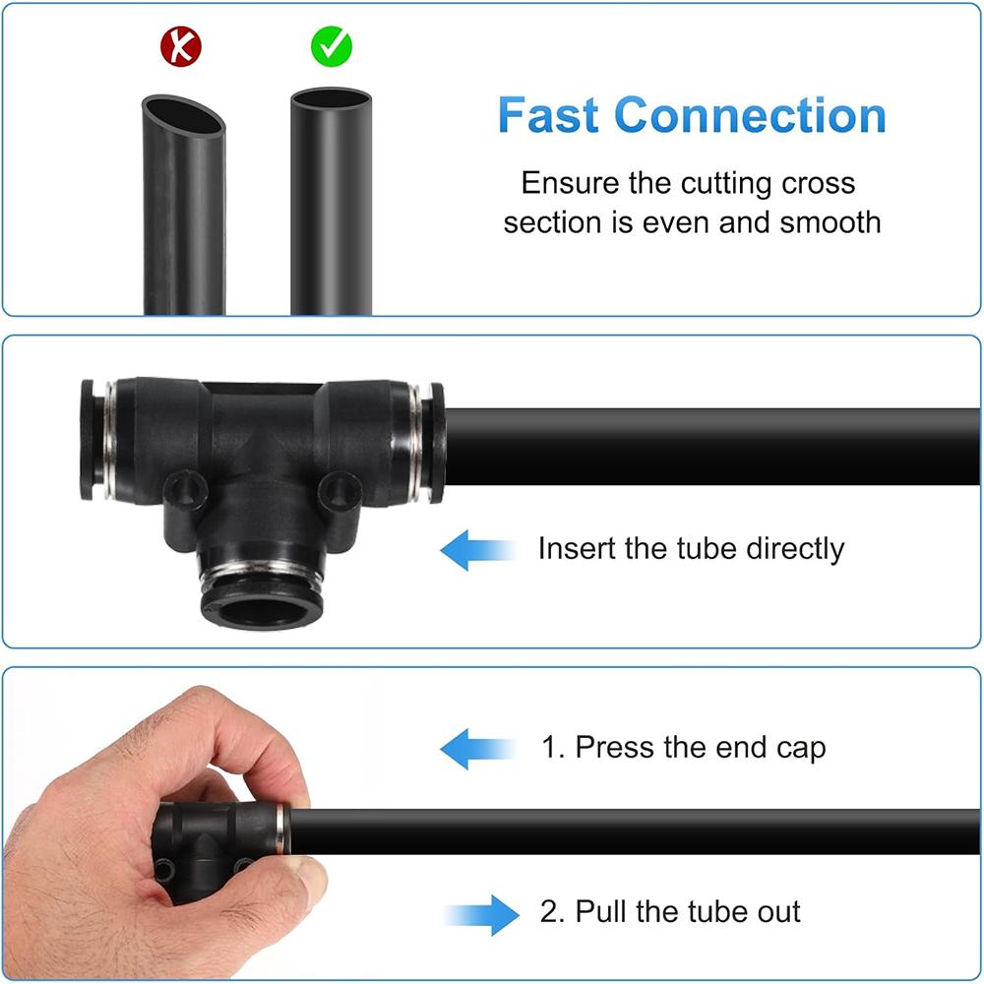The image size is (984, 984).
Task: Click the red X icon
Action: pos(181,46)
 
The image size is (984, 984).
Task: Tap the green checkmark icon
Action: pos(332,46)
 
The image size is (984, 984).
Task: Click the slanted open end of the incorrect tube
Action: pos(183,115)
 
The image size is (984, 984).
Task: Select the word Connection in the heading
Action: pos(750,115)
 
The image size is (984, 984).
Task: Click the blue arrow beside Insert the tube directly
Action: pos(478,550)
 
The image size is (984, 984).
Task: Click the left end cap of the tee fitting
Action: pos(88,439)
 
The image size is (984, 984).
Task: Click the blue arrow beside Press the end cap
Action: pos(478,749)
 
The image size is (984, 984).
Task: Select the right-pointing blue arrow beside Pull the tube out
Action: pos(481,915)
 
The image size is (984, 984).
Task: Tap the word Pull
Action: pos(601,911)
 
